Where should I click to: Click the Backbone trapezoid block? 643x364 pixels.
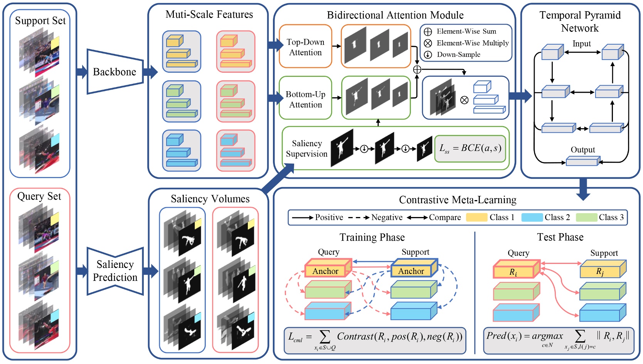click(115, 72)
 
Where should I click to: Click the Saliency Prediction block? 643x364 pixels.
click(115, 271)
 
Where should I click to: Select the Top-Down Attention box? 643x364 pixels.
click(305, 47)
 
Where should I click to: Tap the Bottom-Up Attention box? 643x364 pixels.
click(305, 99)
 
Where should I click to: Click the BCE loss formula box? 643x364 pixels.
click(470, 149)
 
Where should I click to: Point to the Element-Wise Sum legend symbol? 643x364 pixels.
click(428, 32)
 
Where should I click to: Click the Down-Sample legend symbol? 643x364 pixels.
click(428, 55)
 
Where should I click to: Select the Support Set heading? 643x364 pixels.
click(40, 20)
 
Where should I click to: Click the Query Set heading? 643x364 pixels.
click(39, 196)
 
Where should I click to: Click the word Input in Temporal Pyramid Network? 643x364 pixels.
click(581, 43)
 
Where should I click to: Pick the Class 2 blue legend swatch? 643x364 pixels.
click(532, 217)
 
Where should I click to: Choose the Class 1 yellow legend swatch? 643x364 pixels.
click(476, 217)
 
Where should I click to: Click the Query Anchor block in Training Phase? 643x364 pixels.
click(327, 269)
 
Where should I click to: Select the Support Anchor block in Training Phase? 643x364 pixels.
click(413, 269)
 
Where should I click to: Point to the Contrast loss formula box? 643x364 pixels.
click(375, 341)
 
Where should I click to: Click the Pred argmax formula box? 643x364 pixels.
click(558, 341)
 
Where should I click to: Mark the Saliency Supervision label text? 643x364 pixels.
click(306, 149)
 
